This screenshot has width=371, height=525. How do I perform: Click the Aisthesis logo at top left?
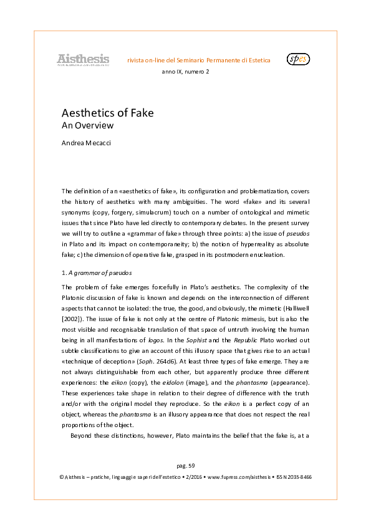[83, 60]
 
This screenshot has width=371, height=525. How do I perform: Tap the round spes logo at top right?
[298, 60]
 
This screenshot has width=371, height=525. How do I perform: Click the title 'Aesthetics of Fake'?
[107, 113]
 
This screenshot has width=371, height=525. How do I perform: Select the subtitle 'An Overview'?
[87, 125]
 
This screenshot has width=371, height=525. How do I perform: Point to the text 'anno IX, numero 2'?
[185, 72]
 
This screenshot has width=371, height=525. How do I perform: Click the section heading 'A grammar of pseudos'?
[103, 272]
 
